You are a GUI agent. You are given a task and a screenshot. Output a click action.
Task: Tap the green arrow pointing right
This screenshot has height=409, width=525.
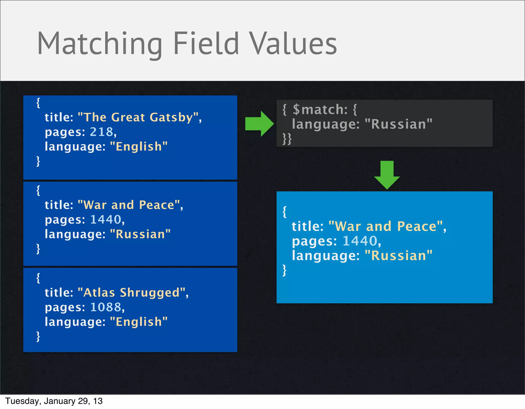click(x=259, y=124)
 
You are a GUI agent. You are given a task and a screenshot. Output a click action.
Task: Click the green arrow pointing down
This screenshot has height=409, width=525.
click(x=387, y=175)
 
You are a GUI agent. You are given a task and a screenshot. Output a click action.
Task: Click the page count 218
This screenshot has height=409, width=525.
click(x=102, y=132)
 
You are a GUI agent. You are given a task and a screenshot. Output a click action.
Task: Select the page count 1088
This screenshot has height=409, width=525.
click(x=106, y=307)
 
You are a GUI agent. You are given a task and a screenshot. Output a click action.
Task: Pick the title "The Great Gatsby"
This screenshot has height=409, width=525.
click(x=138, y=118)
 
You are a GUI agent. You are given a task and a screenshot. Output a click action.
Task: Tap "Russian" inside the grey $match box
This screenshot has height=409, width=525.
click(x=398, y=124)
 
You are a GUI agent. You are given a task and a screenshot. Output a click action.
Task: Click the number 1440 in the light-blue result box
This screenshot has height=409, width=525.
click(x=360, y=241)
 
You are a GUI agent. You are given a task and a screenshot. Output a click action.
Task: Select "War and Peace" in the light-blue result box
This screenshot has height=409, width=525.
click(x=386, y=226)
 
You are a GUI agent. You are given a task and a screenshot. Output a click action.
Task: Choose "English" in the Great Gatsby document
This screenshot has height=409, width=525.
click(x=139, y=147)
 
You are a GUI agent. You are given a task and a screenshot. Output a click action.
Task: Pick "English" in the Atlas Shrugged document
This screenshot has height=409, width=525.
click(x=139, y=322)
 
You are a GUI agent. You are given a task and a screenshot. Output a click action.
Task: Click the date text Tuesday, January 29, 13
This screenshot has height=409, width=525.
click(x=54, y=401)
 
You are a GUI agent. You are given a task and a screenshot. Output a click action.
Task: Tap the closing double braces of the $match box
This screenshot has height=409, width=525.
click(x=287, y=139)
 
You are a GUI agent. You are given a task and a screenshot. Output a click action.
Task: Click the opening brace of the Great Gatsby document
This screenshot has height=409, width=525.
click(x=38, y=103)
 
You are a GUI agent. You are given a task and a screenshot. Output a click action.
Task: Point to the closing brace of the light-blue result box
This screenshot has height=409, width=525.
click(x=284, y=270)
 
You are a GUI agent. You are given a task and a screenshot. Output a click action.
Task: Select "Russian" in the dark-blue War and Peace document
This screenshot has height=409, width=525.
click(x=140, y=234)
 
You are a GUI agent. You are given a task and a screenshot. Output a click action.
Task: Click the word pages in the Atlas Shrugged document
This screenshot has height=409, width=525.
click(x=65, y=308)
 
